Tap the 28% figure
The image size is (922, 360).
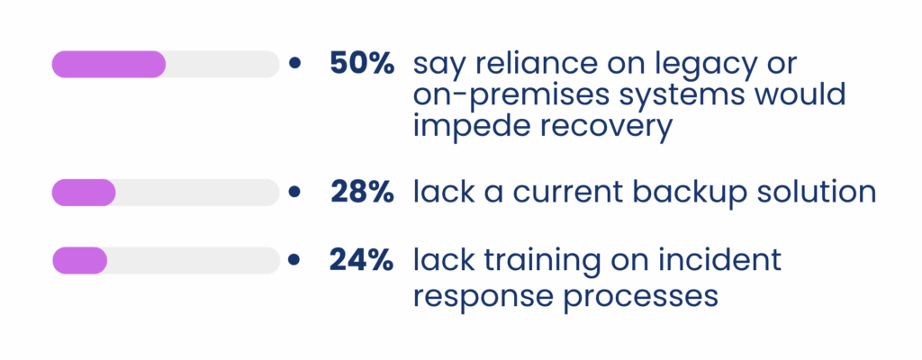click(361, 192)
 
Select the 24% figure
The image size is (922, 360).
click(361, 260)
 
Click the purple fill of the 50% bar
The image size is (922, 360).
click(109, 64)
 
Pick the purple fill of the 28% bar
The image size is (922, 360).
click(84, 192)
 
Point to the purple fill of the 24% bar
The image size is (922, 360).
click(80, 260)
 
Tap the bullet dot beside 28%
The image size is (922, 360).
click(295, 192)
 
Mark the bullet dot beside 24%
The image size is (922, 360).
click(295, 260)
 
